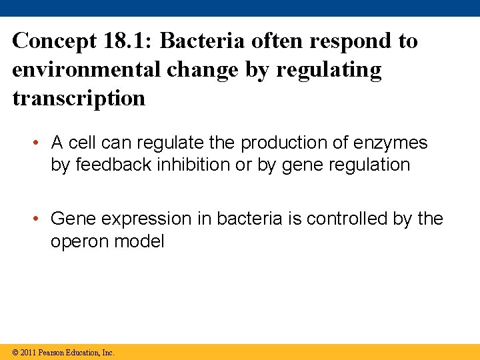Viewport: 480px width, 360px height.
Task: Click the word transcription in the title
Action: (x=79, y=99)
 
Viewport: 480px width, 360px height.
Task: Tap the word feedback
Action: (x=115, y=165)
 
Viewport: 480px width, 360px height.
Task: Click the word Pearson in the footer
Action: (x=53, y=352)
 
